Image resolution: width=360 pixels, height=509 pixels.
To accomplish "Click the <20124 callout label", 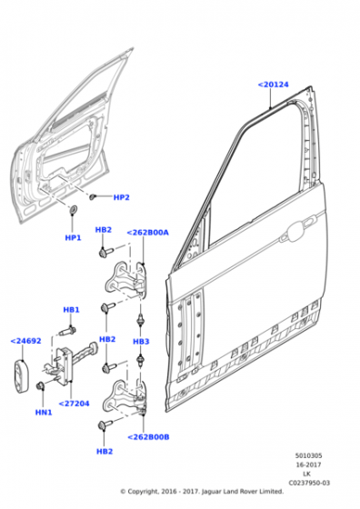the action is click(274, 85).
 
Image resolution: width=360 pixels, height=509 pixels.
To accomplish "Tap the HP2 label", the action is click(122, 197).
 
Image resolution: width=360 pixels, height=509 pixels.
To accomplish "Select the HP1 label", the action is click(73, 237).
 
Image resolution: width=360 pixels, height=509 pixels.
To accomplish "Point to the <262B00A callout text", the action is click(147, 233).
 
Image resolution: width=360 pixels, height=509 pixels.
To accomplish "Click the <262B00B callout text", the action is click(148, 437).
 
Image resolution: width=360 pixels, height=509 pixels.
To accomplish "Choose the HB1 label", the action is click(71, 310).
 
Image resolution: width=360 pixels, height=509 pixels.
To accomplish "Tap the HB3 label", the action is click(141, 342).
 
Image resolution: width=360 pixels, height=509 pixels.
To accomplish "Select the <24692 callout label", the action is click(26, 341).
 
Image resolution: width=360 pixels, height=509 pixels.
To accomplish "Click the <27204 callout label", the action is click(74, 404).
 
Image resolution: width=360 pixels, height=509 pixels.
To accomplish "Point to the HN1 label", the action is click(44, 413).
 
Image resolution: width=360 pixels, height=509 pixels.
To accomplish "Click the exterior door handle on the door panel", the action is click(297, 232).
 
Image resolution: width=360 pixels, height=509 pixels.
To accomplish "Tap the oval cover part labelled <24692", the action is click(21, 376).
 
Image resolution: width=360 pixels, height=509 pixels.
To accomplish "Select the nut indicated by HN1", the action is click(41, 386).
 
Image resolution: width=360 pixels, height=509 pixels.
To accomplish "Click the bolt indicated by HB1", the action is click(68, 331).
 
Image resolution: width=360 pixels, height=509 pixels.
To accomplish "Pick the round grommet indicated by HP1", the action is click(74, 209).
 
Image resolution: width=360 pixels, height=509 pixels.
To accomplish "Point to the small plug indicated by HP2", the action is click(93, 196).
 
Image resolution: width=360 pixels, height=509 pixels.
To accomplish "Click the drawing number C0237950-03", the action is click(309, 483).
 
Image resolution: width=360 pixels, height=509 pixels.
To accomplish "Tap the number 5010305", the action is click(309, 455).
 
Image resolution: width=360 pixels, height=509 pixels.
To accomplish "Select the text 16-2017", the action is click(308, 464).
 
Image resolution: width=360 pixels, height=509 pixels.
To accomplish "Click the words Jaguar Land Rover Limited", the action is click(243, 492).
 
